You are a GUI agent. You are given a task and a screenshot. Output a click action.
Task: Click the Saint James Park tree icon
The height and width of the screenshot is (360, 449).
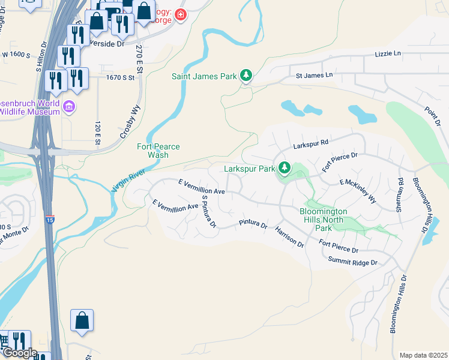[246, 76]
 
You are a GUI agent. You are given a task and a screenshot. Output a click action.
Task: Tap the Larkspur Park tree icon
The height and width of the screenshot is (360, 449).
[285, 169]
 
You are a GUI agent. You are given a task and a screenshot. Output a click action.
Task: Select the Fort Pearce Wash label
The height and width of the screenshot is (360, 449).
[158, 151]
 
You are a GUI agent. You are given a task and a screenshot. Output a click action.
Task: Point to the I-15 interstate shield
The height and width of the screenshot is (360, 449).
[50, 221]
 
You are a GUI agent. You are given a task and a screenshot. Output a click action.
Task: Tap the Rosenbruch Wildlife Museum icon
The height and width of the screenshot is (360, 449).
[70, 107]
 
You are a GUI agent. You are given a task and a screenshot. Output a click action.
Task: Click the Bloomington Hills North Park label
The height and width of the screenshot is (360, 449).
[324, 220]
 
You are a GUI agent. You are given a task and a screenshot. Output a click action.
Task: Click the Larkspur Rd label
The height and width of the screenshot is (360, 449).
[311, 145]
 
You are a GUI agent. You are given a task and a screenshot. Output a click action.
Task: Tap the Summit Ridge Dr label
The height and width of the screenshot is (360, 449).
[352, 263]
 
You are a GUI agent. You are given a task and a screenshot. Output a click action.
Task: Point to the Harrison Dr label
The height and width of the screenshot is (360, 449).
[289, 237]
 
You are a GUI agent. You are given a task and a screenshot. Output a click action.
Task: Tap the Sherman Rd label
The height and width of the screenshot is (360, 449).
[399, 194]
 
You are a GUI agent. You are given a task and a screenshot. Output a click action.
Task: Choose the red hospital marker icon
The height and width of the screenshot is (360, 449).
[180, 15]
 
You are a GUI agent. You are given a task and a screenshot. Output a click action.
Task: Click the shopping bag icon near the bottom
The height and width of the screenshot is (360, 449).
[82, 321]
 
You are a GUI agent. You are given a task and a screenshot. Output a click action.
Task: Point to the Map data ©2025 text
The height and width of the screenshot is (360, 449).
[423, 355]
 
